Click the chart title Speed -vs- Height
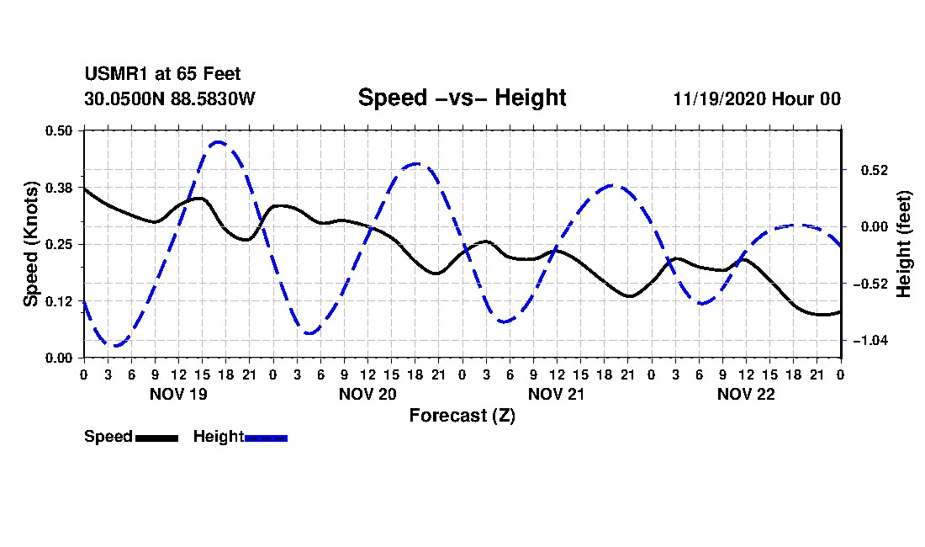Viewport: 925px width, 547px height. [462, 98]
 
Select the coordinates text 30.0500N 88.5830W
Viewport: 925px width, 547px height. [170, 98]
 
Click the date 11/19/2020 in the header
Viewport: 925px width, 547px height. [720, 98]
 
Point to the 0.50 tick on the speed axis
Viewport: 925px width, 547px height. [59, 130]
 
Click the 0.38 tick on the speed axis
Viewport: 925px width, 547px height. [59, 188]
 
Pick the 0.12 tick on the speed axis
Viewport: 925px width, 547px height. [59, 301]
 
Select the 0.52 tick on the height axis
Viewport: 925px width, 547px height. [875, 171]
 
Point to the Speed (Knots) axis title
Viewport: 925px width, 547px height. [30, 244]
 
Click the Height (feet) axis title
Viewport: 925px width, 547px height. [904, 244]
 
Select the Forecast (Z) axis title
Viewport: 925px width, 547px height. [462, 416]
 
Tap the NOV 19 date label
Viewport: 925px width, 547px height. [179, 394]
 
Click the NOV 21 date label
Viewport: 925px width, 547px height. [557, 394]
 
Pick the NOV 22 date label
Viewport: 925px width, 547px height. [746, 394]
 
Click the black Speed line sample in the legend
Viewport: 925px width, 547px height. [156, 438]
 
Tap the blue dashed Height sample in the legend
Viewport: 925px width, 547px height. [266, 438]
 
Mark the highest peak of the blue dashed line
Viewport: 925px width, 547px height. [219, 141]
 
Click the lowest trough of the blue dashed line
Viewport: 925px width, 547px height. [115, 346]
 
